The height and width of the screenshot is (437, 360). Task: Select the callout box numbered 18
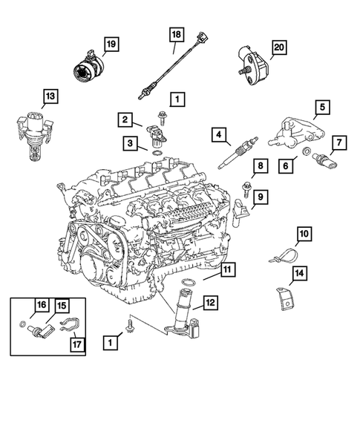click(x=176, y=35)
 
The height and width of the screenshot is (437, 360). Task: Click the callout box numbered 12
click(x=210, y=302)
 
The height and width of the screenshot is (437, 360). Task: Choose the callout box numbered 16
click(x=42, y=304)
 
